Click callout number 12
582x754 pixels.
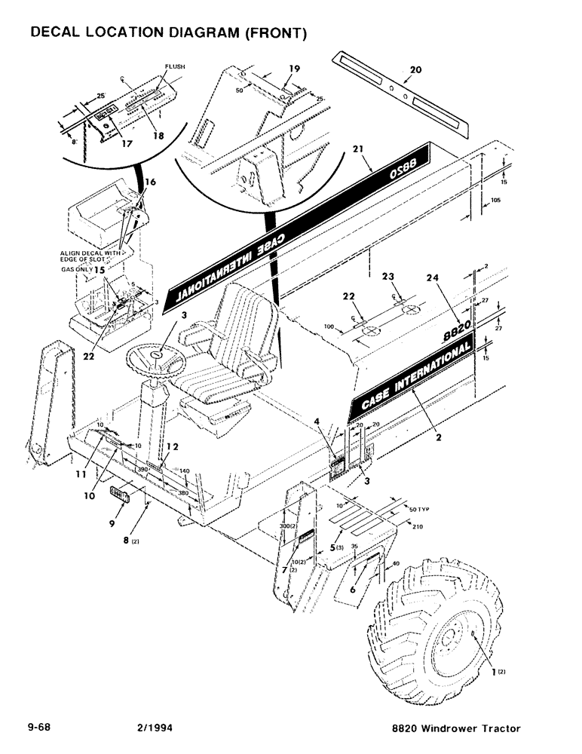tap(173, 447)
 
